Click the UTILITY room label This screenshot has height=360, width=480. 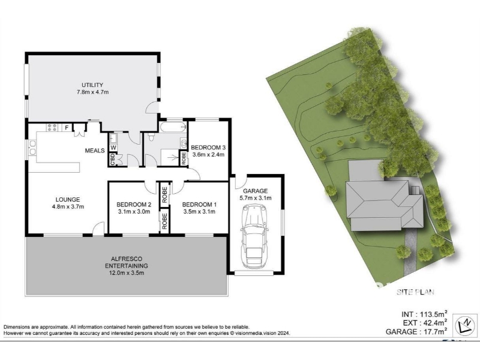92,85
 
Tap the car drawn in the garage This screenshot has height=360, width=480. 254,236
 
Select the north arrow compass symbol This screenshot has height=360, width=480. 464,325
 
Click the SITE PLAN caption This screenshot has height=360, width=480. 415,292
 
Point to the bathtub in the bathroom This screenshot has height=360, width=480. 173,127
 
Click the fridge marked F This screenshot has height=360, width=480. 67,127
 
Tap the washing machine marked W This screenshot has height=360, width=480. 113,148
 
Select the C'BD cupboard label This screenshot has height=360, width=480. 112,159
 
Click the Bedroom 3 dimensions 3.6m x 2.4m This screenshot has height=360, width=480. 208,155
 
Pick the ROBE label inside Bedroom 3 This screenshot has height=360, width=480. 184,158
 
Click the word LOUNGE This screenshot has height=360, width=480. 68,200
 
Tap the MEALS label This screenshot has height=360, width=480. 95,151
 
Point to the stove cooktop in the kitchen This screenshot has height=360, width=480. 52,127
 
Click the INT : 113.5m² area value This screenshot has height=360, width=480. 425,314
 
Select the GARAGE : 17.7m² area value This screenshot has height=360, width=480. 416,331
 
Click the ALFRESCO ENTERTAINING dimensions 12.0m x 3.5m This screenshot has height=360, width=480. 124,273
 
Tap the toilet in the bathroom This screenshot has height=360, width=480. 151,136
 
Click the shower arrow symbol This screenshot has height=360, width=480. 174,158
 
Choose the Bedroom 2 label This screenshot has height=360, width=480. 134,205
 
